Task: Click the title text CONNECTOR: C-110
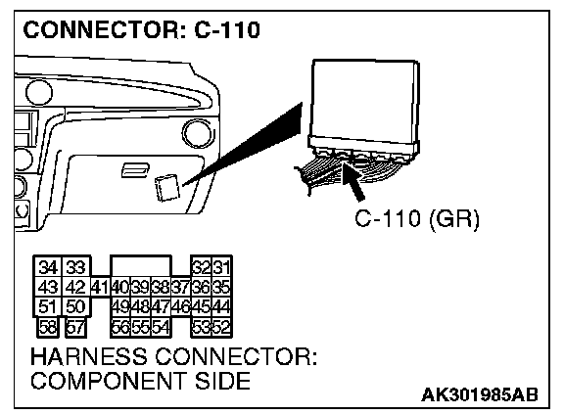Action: (x=141, y=29)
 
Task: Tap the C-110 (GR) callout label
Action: (x=417, y=218)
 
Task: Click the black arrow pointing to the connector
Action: (x=352, y=182)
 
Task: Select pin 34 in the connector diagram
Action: (x=48, y=267)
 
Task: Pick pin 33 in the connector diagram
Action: (x=76, y=267)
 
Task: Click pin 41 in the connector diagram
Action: (x=100, y=287)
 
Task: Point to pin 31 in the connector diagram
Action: (x=221, y=267)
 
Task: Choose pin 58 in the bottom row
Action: (x=48, y=327)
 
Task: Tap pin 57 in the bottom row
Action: (x=76, y=327)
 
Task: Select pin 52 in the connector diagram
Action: (x=221, y=327)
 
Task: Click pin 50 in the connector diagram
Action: (x=76, y=306)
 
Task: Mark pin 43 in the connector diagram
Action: (x=48, y=287)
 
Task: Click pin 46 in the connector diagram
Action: (x=180, y=306)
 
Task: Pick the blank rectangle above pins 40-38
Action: (x=141, y=266)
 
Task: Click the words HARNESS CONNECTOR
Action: (x=174, y=356)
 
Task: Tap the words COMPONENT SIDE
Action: (x=141, y=381)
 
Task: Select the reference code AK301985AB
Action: (x=480, y=394)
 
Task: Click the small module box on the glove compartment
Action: (x=166, y=187)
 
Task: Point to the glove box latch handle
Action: (x=135, y=170)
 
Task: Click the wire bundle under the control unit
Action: (x=346, y=170)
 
